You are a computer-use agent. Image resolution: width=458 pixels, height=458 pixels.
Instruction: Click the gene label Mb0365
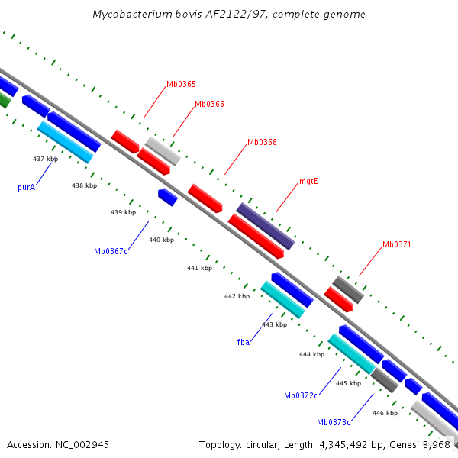tap(181, 85)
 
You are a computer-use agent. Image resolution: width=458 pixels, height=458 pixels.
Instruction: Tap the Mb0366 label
tap(209, 104)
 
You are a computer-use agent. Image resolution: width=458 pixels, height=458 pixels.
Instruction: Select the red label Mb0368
tap(262, 142)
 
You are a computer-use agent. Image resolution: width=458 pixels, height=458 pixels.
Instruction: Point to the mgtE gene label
tap(308, 182)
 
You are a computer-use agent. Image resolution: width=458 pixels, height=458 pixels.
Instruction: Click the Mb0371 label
tap(397, 245)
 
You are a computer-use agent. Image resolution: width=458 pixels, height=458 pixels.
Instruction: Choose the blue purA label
tap(27, 186)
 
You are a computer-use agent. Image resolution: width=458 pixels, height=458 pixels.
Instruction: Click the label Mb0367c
tap(111, 251)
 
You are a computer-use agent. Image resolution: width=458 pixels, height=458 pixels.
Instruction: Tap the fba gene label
tap(244, 343)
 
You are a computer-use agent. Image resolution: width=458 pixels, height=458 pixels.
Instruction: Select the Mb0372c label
tap(301, 395)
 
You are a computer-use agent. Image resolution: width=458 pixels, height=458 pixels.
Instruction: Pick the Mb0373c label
tap(334, 422)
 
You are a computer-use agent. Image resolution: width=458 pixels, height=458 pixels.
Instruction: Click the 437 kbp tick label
tap(45, 159)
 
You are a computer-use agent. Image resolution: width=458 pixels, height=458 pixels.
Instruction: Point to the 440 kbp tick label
tap(161, 240)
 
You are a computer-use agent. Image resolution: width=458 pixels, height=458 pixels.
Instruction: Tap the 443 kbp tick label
tap(274, 324)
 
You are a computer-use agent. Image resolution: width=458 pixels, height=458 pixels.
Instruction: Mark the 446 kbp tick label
tap(385, 413)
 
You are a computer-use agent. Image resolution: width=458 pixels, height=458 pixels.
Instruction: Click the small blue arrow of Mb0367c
tap(168, 198)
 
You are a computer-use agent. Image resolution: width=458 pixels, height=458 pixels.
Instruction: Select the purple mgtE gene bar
tap(265, 226)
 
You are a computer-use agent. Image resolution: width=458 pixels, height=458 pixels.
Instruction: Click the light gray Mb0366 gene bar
tap(163, 151)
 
